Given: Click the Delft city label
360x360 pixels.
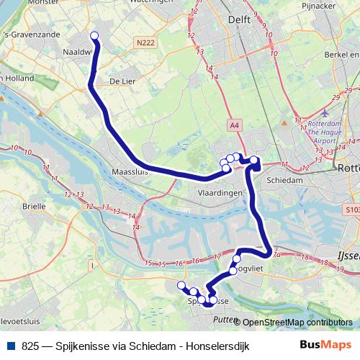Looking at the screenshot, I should coord(241,19).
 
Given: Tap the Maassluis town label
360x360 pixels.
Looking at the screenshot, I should coord(130,172).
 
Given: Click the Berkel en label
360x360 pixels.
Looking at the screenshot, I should coord(341,54).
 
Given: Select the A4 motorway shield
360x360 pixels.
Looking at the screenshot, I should coord(235,125).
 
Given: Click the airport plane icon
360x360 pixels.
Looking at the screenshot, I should coord(326,114).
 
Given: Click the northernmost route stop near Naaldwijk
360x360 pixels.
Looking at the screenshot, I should coord(94,34).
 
